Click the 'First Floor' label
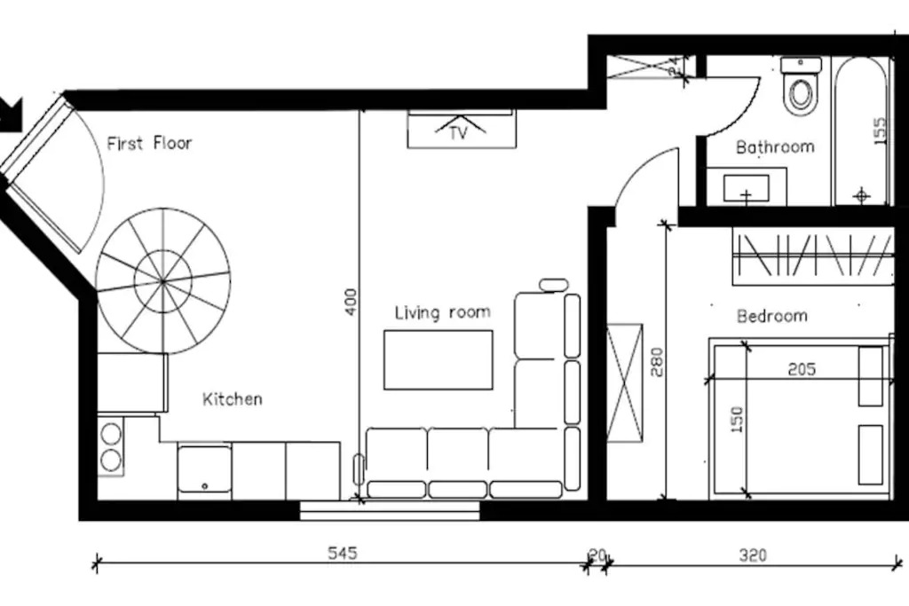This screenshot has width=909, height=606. point(149,143)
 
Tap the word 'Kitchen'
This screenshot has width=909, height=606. point(232,398)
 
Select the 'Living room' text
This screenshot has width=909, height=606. point(442,312)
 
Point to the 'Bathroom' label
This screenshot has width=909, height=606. point(775,146)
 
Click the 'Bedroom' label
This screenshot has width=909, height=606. point(771,316)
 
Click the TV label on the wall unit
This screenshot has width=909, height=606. point(458,133)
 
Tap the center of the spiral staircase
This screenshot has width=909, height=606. point(163,281)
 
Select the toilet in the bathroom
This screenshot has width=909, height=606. point(801,86)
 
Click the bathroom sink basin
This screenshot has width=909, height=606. point(746,188)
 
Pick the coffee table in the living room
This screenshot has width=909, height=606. point(439,359)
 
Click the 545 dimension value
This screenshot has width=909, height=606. point(343,553)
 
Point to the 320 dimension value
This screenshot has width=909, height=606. point(753,555)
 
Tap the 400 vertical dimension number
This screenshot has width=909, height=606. point(352,302)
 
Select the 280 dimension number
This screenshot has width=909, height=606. point(657,361)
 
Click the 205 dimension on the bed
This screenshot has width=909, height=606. point(802,368)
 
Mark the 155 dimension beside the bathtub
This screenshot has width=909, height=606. point(880,130)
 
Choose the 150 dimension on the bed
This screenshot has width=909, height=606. point(736,420)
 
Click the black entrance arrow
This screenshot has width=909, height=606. point(10,113)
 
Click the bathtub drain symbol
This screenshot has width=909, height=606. point(862,195)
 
